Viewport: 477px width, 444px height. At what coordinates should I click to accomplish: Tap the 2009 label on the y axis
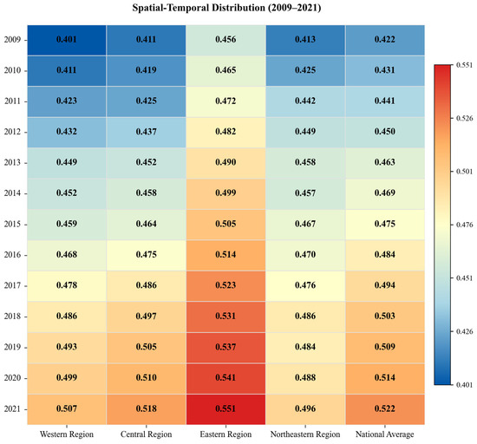pos(12,40)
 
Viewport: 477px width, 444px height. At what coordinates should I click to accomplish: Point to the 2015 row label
pos(12,225)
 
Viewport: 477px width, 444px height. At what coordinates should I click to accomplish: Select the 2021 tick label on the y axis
pos(12,409)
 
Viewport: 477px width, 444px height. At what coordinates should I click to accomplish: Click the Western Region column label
pos(67,434)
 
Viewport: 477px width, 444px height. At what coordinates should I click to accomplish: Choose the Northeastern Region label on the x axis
pos(305,434)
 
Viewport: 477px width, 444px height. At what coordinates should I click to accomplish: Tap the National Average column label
pos(385,434)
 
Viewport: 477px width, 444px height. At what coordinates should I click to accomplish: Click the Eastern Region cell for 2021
pos(225,409)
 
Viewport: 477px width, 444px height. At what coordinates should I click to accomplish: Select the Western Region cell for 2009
pos(67,40)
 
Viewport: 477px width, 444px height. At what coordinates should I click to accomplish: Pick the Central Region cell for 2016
pos(146,255)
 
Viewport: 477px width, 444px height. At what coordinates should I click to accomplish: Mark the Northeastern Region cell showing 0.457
pos(305,193)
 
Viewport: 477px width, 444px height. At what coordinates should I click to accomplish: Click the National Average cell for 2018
pos(385,317)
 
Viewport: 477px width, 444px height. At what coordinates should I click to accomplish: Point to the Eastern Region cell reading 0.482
pos(225,133)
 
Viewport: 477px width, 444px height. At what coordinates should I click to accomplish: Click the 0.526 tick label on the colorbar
pos(465,118)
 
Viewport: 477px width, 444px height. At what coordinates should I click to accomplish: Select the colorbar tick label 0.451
pos(465,278)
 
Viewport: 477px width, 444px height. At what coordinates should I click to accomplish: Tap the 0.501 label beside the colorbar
pos(465,172)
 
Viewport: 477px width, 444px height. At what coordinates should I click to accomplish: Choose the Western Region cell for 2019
pos(67,348)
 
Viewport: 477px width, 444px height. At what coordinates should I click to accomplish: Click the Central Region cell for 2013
pos(146,163)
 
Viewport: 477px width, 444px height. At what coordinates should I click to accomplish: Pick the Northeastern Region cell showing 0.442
pos(305,101)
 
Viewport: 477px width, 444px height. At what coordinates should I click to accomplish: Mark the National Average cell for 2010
pos(385,71)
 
